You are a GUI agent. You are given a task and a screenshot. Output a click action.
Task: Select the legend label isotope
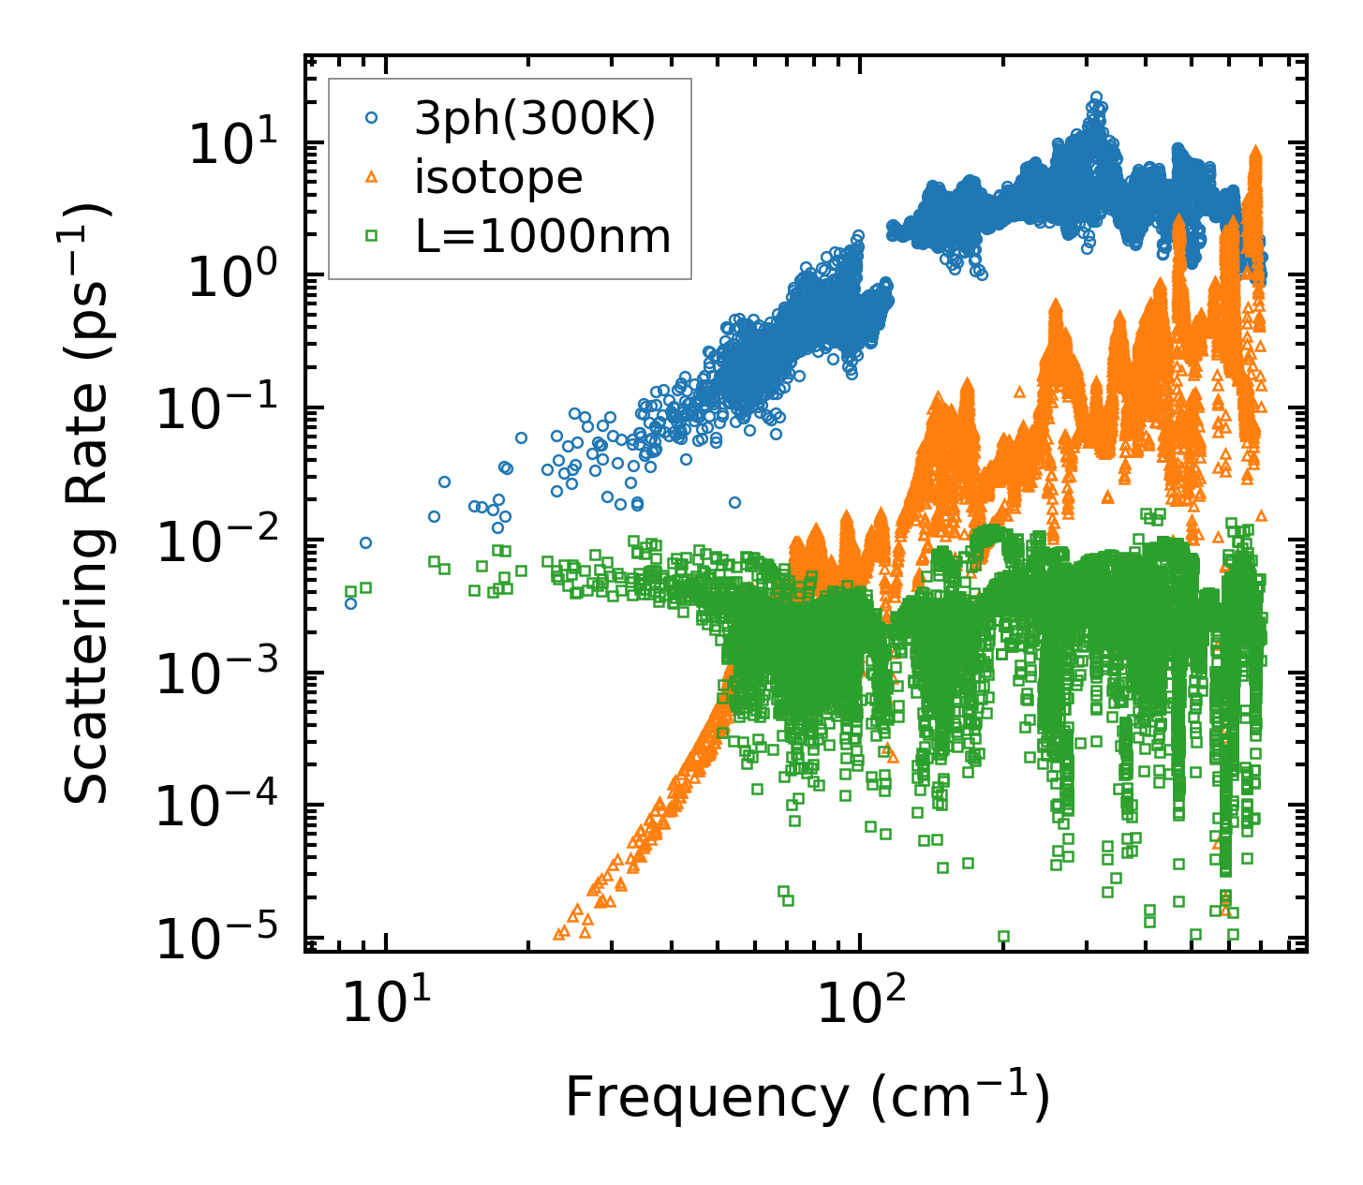point(498,177)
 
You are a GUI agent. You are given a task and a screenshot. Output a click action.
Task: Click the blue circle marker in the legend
point(371,119)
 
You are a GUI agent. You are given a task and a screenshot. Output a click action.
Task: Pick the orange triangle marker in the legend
point(371,177)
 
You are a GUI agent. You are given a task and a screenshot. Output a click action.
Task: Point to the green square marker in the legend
point(371,236)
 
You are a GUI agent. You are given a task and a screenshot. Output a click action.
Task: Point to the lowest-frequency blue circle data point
point(350,603)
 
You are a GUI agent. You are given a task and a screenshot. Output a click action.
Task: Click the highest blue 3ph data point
point(1095,97)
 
